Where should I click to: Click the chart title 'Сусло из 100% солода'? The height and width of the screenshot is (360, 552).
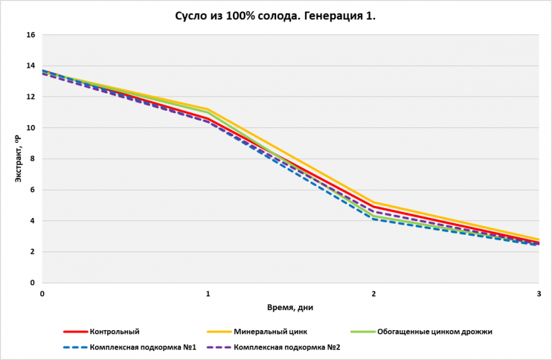tap(275, 16)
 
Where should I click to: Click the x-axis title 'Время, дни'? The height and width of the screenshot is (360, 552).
tap(291, 306)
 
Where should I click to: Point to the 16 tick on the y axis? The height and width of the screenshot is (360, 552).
tap(31, 35)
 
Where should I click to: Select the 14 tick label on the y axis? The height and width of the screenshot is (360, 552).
tap(31, 66)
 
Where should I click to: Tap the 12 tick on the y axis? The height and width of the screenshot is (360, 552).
tap(31, 97)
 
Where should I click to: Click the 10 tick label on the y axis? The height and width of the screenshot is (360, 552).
tap(31, 128)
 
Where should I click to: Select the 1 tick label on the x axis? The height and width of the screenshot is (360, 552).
tap(208, 294)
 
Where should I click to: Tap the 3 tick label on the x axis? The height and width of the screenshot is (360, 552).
tap(539, 294)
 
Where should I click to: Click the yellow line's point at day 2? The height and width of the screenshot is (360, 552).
tap(373, 202)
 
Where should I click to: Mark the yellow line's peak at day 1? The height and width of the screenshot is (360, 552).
tap(208, 109)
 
